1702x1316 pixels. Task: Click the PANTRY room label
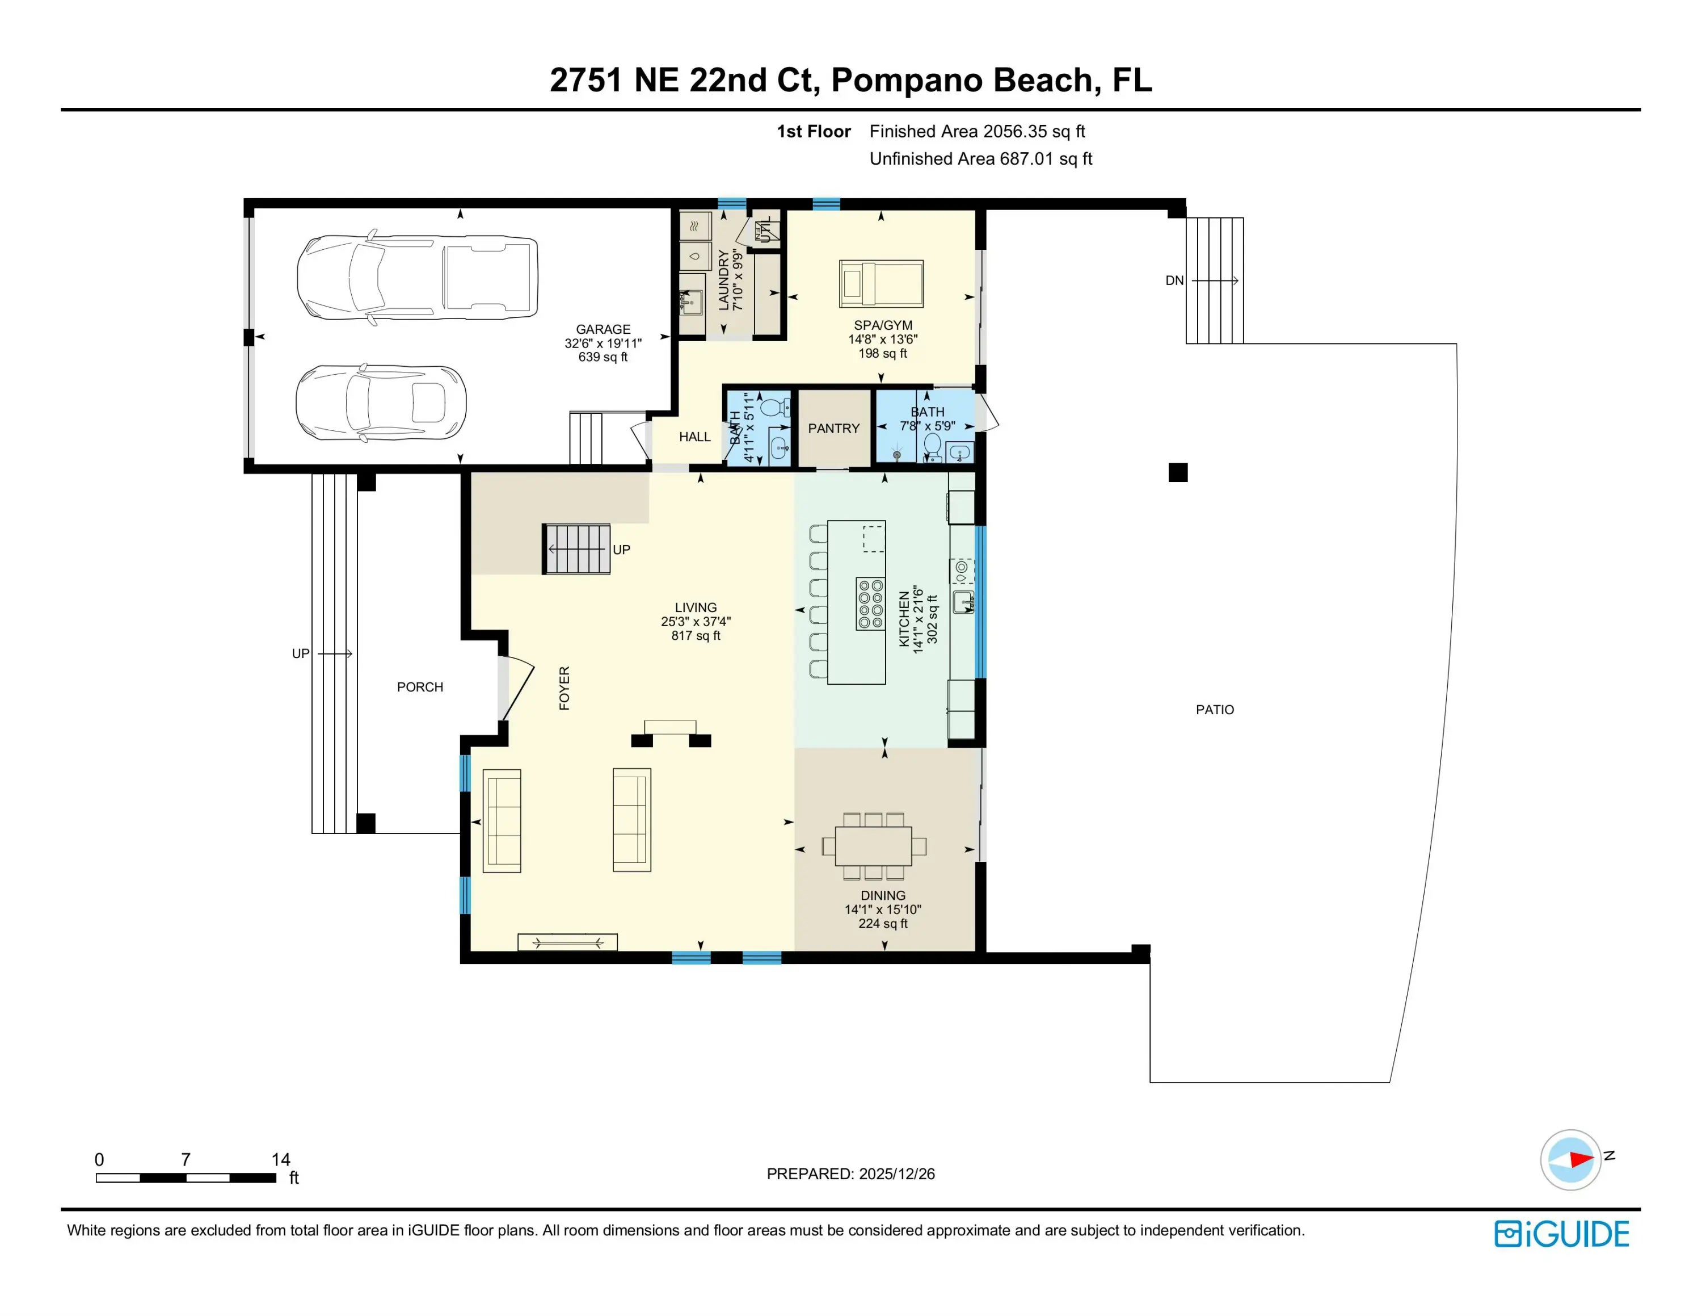click(833, 428)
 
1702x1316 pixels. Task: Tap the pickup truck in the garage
click(417, 278)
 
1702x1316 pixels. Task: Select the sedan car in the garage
click(381, 403)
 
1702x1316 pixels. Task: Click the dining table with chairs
click(874, 846)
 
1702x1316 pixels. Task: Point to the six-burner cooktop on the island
click(870, 603)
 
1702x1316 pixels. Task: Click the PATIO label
click(1215, 710)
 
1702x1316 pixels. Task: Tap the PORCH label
click(420, 687)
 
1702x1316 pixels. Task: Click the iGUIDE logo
click(1562, 1234)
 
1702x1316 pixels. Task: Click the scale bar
click(186, 1177)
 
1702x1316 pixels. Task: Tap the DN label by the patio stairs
click(1174, 280)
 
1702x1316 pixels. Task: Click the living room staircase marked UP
click(576, 549)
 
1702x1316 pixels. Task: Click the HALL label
click(694, 437)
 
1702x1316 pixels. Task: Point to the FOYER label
click(564, 688)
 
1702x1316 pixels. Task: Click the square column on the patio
click(1178, 472)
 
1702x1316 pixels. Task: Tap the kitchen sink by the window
click(963, 602)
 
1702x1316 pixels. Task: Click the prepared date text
click(850, 1174)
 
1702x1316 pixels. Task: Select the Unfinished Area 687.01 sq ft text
click(980, 159)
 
